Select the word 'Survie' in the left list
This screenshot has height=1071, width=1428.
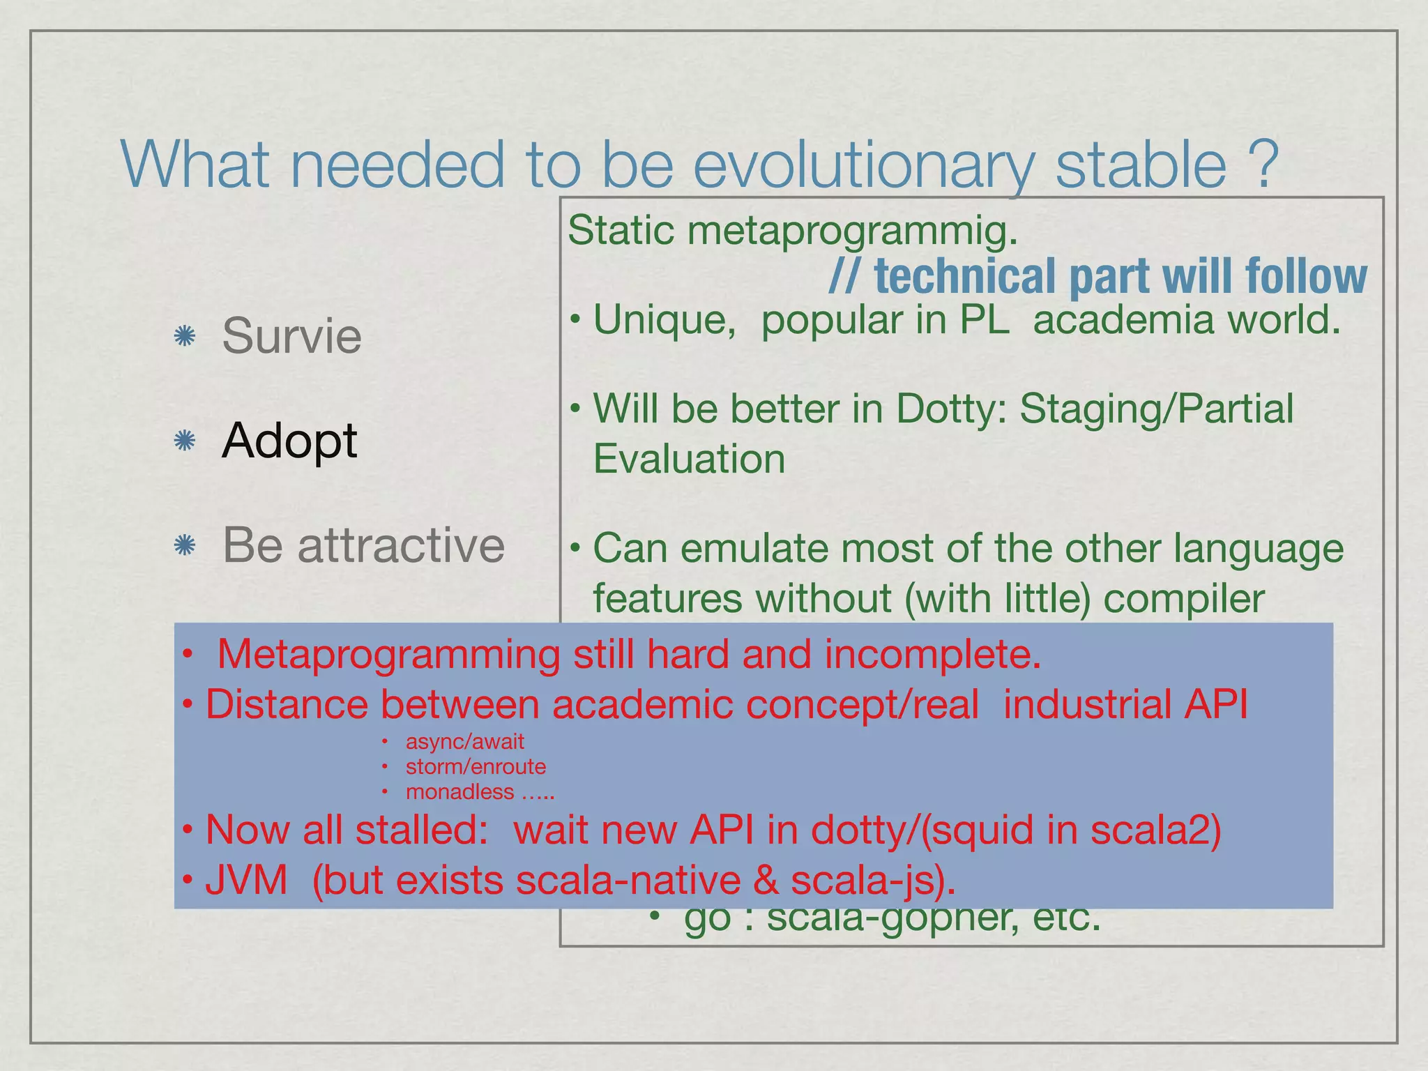291,336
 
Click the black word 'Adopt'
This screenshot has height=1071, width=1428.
289,441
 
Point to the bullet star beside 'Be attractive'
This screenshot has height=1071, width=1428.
184,545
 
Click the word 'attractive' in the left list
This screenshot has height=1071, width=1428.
401,545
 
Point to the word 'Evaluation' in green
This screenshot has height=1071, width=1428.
689,459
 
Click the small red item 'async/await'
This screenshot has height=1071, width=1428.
464,741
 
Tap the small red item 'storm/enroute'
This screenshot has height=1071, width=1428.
476,766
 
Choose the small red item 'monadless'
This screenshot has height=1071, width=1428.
459,792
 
